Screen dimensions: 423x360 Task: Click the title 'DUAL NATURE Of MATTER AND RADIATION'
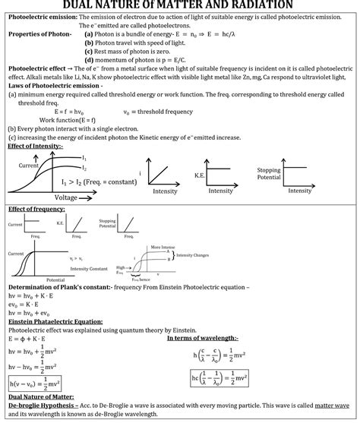(179, 5)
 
